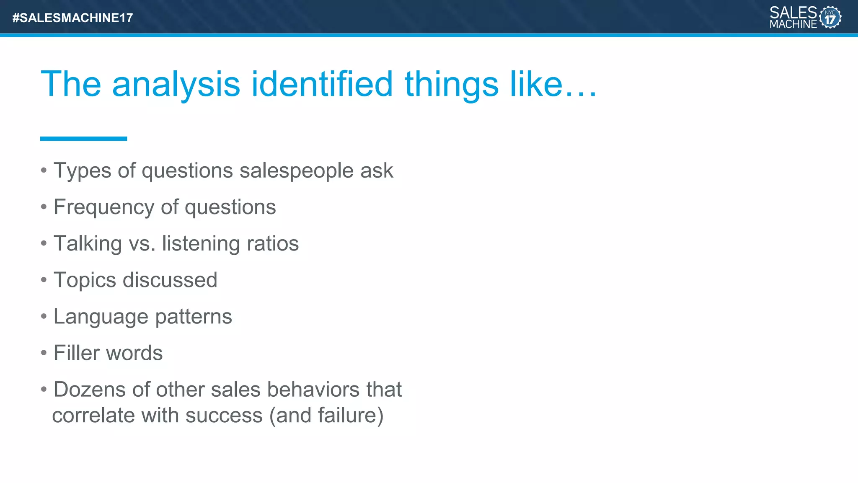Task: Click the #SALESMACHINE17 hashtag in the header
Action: [72, 18]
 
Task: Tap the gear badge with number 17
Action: [830, 17]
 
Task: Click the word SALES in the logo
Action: [793, 12]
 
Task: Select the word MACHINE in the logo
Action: [793, 24]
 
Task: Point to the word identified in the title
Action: [322, 84]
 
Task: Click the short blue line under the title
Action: [83, 139]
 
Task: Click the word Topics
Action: [85, 280]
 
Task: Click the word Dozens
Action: [90, 390]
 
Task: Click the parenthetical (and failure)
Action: [326, 416]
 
